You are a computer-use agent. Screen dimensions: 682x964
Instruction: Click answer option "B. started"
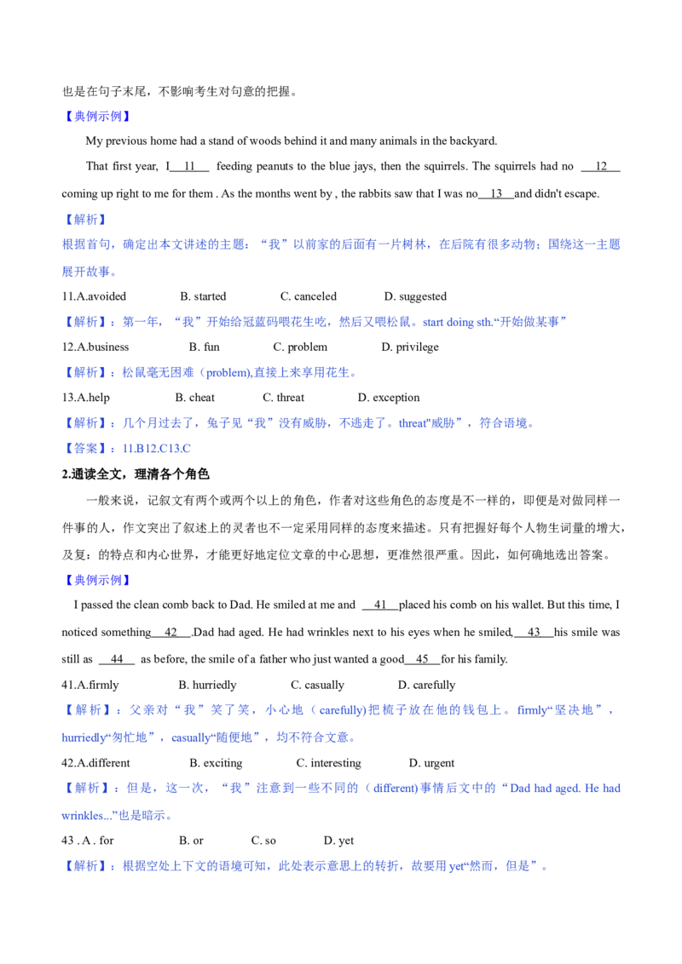[203, 296]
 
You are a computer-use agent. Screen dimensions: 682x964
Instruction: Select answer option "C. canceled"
[309, 296]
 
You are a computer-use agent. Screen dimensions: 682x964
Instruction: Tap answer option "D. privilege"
[410, 347]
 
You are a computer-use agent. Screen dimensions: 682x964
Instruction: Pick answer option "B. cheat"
[195, 398]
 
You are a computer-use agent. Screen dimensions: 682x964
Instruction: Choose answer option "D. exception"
[389, 398]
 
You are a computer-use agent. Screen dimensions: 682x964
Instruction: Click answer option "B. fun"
[205, 347]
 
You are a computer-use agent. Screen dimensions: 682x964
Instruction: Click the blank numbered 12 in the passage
[601, 167]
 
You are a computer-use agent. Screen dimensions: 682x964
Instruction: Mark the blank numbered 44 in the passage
[116, 660]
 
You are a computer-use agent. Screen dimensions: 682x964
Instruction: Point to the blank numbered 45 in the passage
[422, 660]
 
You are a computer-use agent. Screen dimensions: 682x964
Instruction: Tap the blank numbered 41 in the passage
[380, 605]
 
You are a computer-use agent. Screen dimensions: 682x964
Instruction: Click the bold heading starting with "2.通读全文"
[136, 474]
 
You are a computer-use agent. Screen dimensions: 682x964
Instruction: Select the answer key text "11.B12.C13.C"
[156, 449]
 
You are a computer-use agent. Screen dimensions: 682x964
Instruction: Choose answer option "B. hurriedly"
[207, 686]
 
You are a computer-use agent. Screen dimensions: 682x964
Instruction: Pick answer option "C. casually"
[318, 686]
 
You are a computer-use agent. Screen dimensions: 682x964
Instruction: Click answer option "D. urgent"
[431, 764]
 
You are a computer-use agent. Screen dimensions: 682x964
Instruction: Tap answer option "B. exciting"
[216, 764]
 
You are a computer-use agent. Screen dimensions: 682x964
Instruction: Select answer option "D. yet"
[338, 841]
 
